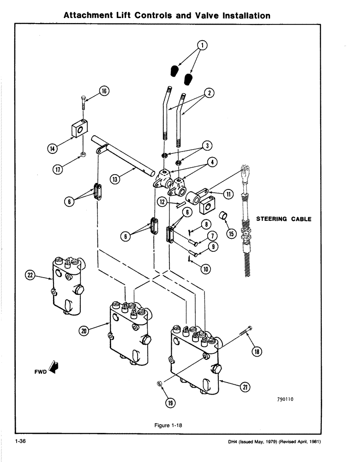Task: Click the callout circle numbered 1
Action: pyautogui.click(x=202, y=45)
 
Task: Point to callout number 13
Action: pyautogui.click(x=115, y=178)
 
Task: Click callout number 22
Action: pyautogui.click(x=30, y=276)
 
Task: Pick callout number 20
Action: pyautogui.click(x=83, y=331)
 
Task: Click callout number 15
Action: pyautogui.click(x=231, y=233)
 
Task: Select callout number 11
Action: pyautogui.click(x=228, y=195)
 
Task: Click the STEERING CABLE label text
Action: pyautogui.click(x=283, y=219)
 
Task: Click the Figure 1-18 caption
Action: pyautogui.click(x=173, y=426)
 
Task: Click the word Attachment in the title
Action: pyautogui.click(x=88, y=15)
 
